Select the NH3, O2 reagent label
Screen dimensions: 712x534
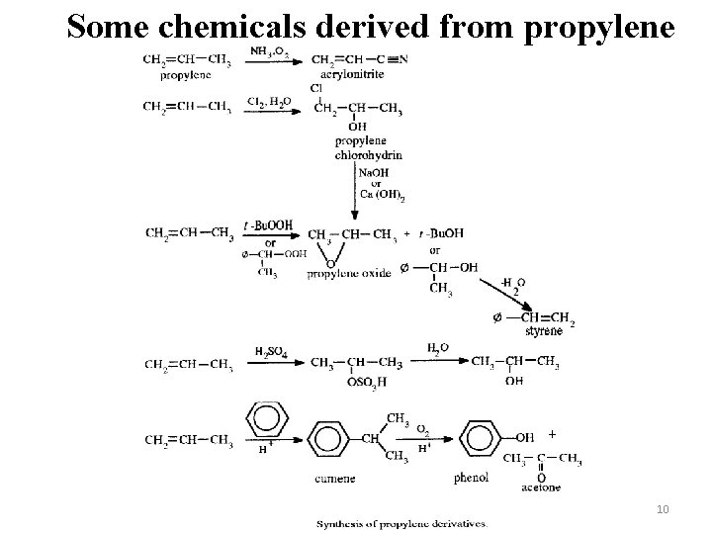(x=269, y=50)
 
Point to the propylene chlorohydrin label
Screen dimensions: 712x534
(x=368, y=147)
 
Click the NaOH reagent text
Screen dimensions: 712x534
(x=373, y=172)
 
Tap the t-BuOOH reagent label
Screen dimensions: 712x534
(x=273, y=225)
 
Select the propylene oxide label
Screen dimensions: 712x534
(x=349, y=273)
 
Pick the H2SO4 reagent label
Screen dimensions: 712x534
(x=271, y=352)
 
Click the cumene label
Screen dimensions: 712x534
(x=336, y=479)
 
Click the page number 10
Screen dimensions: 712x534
(x=664, y=507)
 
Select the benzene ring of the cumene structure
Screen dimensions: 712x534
(x=329, y=437)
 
